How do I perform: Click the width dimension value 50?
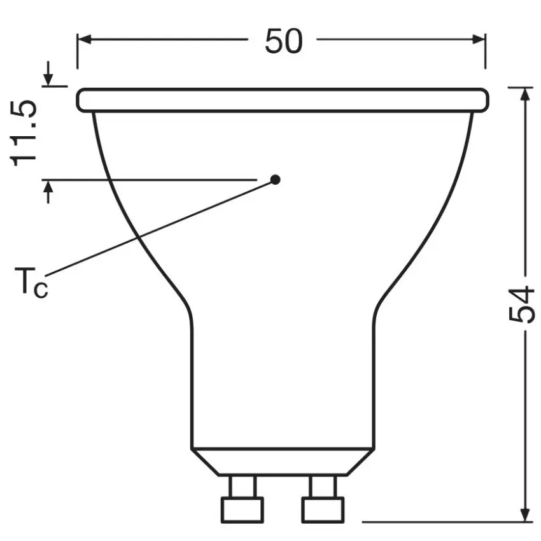point(283,41)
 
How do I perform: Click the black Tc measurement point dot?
point(275,179)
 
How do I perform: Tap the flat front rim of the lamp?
point(283,101)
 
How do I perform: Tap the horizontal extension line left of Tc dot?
point(153,180)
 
